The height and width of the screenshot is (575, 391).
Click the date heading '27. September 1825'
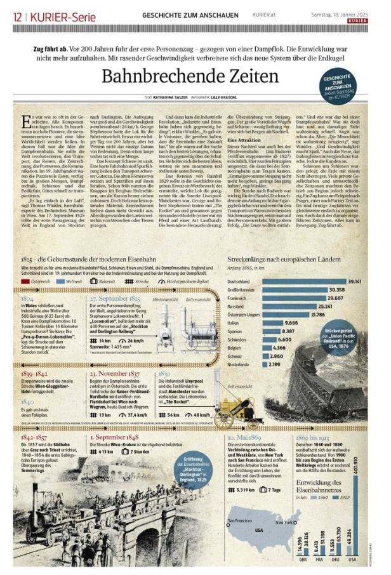[115, 297]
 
